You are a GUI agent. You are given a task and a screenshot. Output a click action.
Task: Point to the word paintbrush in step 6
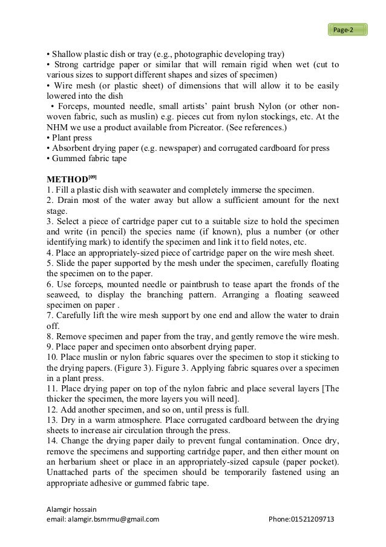(178, 284)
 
